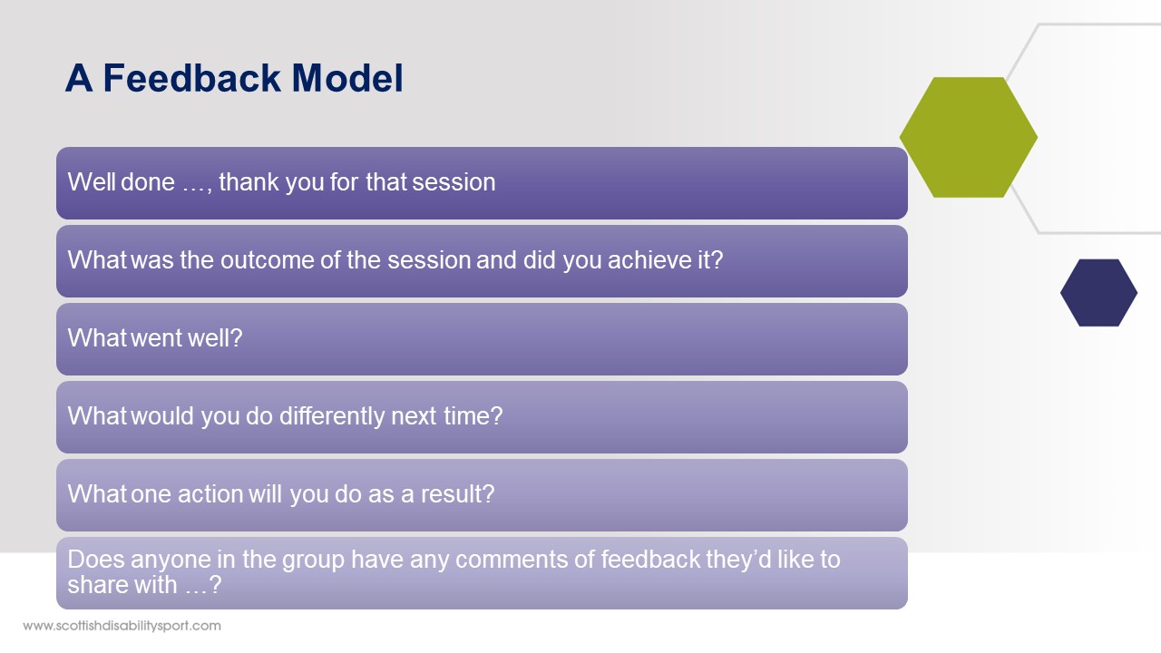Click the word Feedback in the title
coord(191,78)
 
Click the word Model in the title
coord(347,78)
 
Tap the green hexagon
coord(968,137)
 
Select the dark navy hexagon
coord(1098,293)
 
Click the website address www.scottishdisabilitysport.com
coord(122,626)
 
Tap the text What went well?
coord(155,338)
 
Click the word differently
coord(332,415)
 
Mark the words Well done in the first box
coord(122,182)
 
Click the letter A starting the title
coord(79,78)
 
